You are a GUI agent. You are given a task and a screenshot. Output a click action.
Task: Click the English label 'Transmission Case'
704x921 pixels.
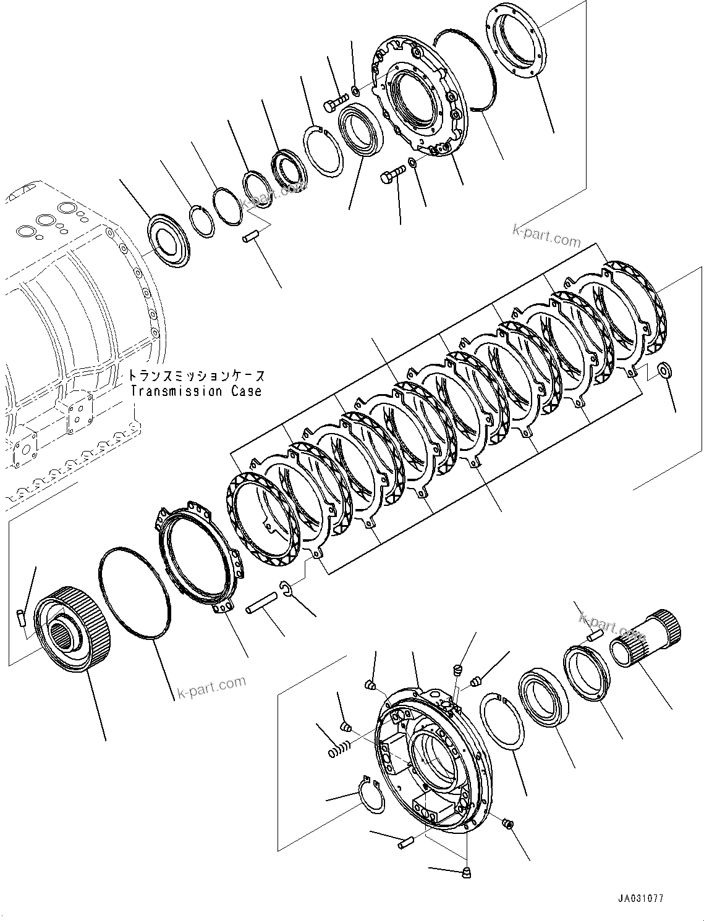tap(196, 391)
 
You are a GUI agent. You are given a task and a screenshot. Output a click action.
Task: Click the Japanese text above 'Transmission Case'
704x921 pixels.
tap(197, 376)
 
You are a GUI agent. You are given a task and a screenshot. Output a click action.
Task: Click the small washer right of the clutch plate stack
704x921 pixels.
tap(665, 371)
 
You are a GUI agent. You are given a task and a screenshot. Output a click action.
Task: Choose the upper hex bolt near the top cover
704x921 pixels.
tap(336, 101)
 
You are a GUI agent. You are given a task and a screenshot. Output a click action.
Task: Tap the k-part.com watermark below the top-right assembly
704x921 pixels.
tap(546, 235)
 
